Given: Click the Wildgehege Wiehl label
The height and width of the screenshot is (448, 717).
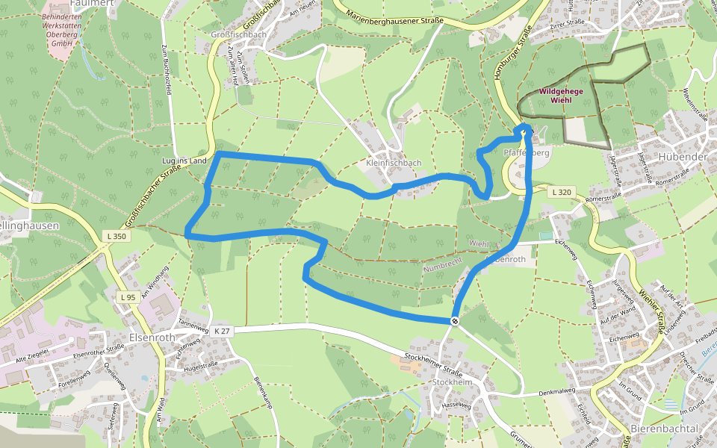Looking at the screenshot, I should [x=560, y=96].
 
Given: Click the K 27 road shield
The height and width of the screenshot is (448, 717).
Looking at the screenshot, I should [x=221, y=331].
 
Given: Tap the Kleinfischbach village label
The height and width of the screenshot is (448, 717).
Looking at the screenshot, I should [x=394, y=163].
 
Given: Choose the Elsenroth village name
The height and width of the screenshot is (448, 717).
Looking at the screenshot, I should [x=151, y=337].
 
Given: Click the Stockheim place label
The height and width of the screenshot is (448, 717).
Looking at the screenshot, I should [x=452, y=382].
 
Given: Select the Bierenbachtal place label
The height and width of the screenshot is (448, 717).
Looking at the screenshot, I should [x=664, y=428].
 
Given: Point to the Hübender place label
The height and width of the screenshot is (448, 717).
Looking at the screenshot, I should [x=683, y=157].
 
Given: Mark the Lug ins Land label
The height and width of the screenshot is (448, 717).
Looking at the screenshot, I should [x=184, y=161].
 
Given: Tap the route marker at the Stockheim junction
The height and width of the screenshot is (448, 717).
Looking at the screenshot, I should [x=454, y=321].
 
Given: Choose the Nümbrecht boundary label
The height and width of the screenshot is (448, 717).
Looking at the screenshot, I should [x=443, y=263].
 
